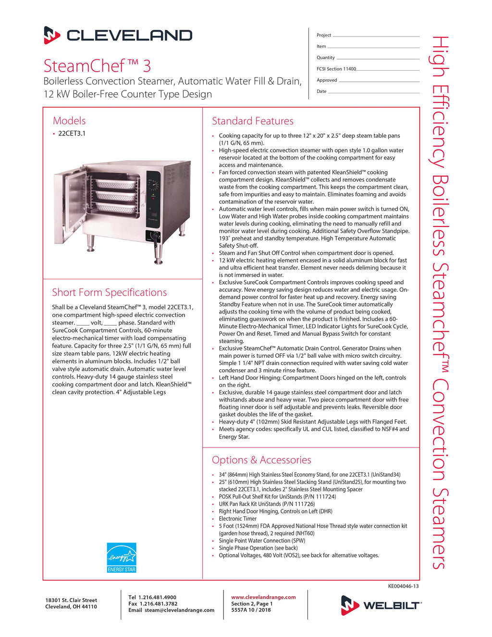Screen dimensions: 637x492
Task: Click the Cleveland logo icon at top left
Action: [52, 35]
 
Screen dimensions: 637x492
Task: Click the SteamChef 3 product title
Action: [97, 65]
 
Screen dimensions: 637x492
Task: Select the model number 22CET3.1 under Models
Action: [72, 134]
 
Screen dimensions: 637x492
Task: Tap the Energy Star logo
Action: [122, 557]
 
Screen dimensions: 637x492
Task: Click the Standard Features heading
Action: [252, 121]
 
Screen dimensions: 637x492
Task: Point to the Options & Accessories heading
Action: [261, 460]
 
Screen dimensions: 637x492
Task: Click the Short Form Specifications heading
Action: [110, 292]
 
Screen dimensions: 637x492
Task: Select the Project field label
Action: [324, 35]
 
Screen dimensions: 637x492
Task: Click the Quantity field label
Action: [325, 58]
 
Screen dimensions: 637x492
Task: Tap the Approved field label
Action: [327, 80]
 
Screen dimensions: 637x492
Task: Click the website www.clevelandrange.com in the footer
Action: [263, 597]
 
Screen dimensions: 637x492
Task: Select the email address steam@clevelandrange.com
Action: [179, 610]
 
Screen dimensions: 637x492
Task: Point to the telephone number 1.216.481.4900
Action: [158, 597]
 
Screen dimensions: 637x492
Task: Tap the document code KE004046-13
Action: [403, 586]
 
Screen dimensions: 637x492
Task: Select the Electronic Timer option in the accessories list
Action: [238, 519]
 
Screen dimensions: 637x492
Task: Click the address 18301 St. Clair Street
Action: [71, 600]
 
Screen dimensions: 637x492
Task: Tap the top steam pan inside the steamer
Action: [115, 184]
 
